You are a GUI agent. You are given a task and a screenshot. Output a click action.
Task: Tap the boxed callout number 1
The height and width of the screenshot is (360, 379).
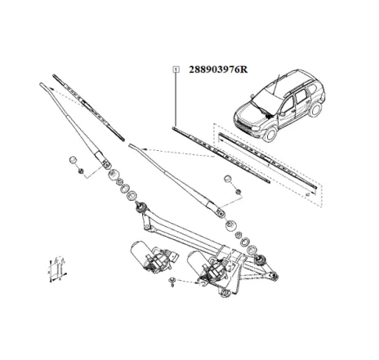(175, 70)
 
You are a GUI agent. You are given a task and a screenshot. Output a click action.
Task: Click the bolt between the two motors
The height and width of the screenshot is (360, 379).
(172, 283)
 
